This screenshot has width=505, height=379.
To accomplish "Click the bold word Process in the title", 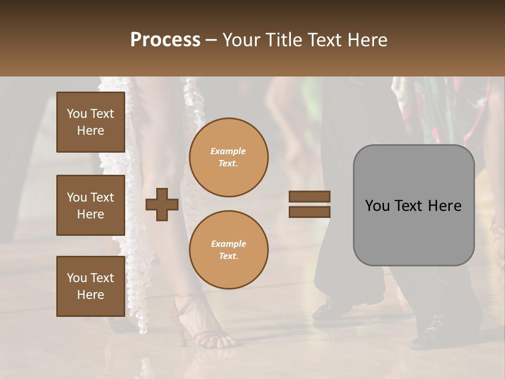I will pos(165,40).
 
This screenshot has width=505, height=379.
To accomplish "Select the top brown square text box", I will pos(90,122).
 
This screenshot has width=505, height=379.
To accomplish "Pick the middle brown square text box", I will pos(90,205).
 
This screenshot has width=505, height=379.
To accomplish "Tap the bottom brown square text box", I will pos(90,286).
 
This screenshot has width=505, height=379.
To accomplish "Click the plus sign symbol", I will pos(162,204).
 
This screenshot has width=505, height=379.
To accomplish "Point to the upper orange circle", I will pos(228,157).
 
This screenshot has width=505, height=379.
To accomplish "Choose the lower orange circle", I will pos(228,250).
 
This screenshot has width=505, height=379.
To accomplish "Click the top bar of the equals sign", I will pos(309,197).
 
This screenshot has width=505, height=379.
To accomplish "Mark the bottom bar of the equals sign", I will pos(309,212).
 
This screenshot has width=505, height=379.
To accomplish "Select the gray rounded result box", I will pos(413,205).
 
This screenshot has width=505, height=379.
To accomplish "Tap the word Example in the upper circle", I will pos(228,151).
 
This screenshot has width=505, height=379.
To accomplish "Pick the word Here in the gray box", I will pos(445,206).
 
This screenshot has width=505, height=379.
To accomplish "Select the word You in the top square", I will pos(77,114).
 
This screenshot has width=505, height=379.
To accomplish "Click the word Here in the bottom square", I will pos(90,295).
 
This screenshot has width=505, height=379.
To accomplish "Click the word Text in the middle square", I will pos(102,197).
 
